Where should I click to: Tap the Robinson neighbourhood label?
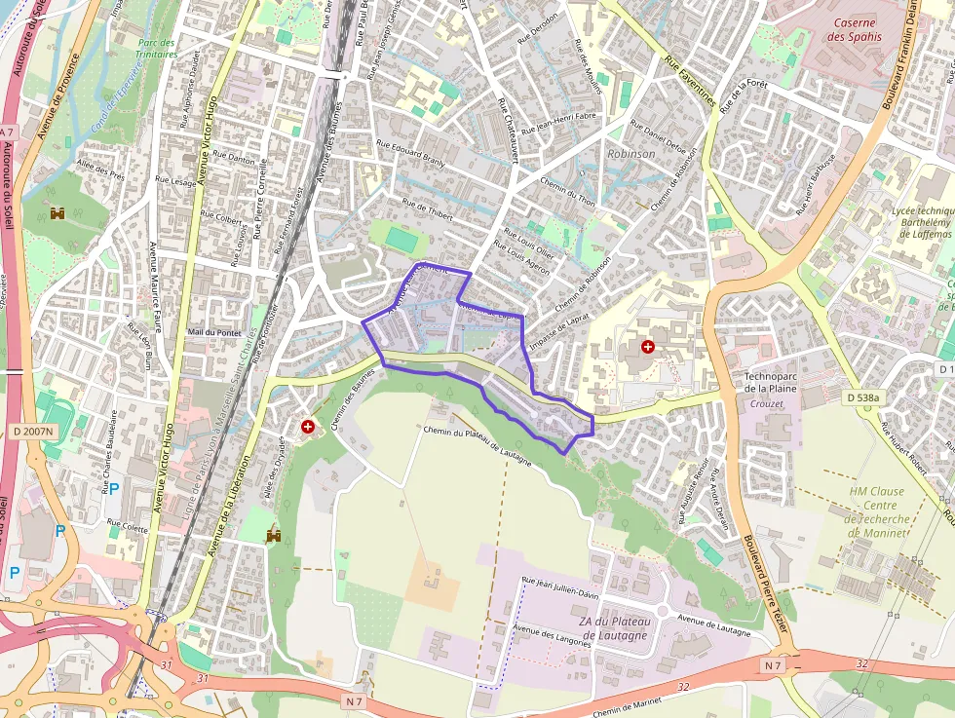631,154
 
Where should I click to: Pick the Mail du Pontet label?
213,332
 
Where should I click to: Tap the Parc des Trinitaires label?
156,49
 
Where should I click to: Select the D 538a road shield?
862,397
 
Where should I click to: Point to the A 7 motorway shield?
8,132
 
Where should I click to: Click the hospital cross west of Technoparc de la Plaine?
647,347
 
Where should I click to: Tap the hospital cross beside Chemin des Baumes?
309,427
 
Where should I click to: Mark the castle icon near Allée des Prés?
58,212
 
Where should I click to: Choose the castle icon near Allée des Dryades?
273,536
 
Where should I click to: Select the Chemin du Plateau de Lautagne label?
477,443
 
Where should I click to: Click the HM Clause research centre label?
877,511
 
